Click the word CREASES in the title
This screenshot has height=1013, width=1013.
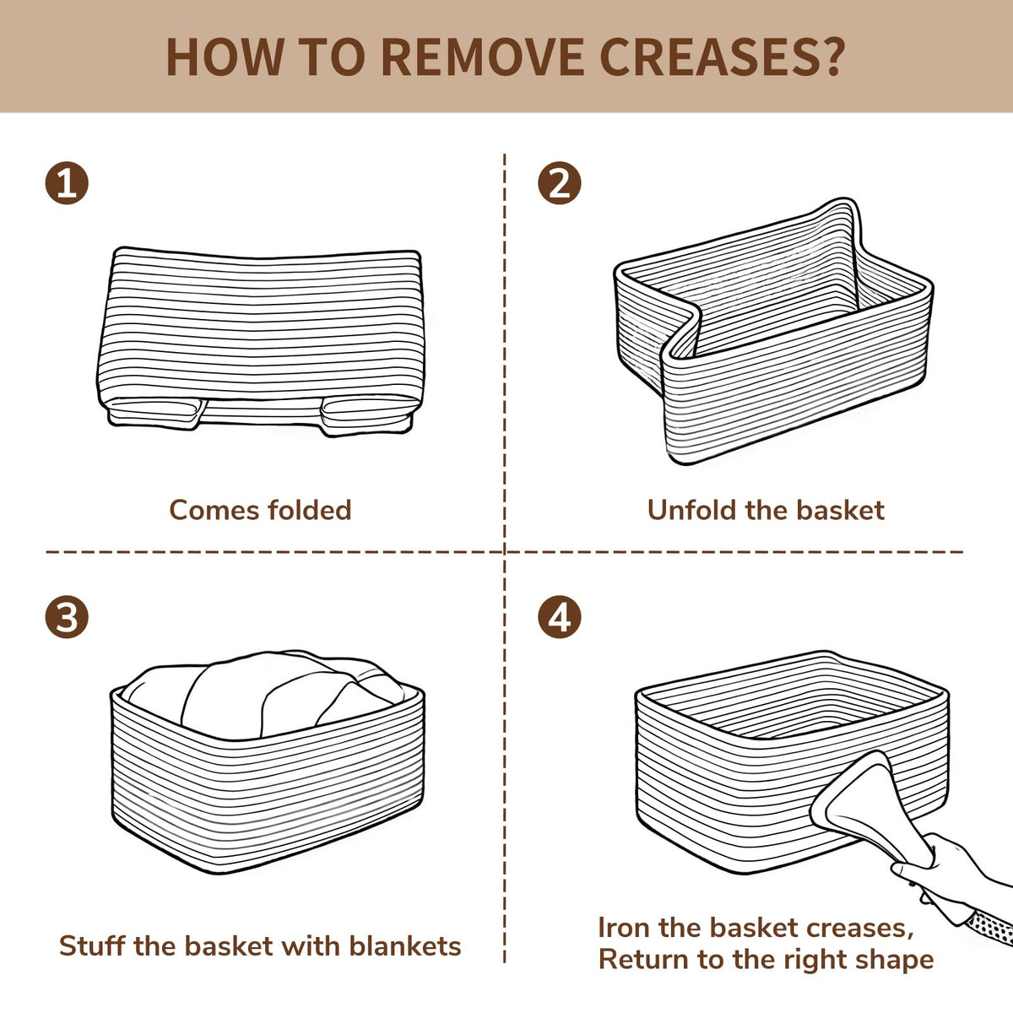point(707,57)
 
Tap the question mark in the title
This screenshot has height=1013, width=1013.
point(832,57)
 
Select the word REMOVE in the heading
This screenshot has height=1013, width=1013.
point(483,57)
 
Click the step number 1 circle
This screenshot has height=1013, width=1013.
point(67,183)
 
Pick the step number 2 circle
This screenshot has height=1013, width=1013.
point(560,183)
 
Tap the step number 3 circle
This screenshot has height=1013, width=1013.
point(67,616)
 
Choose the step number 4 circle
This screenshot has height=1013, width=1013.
point(560,616)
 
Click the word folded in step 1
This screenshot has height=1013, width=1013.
point(309,510)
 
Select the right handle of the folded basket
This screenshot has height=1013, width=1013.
point(366,415)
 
